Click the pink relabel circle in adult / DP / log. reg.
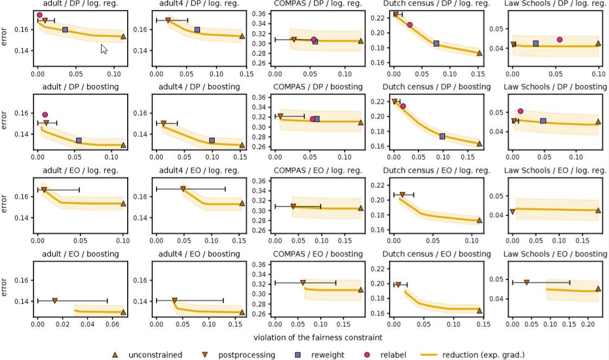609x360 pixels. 40,15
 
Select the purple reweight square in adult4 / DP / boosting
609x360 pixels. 212,141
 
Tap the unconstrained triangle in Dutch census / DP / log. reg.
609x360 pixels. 479,53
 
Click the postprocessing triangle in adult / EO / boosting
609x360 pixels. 55,300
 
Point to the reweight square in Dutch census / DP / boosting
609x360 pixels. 442,136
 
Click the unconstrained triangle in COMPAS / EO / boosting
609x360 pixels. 360,289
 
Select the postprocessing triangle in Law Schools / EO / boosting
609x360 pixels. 526,282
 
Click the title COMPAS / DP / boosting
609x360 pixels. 318,87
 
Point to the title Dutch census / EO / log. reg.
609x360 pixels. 436,170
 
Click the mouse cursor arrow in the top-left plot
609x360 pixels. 104,49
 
